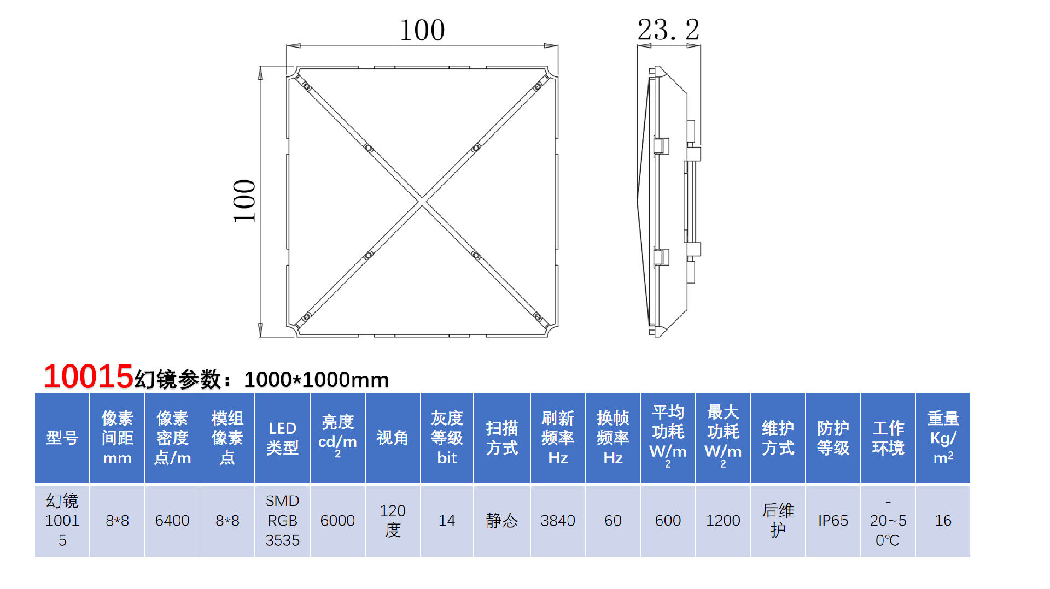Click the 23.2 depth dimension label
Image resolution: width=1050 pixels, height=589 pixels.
668,30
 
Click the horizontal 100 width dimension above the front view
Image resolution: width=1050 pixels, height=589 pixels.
422,30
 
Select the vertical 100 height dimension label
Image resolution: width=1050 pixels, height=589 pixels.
244,201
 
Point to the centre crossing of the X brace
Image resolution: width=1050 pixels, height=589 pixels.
422,201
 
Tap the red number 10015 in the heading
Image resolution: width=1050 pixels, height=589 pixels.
88,376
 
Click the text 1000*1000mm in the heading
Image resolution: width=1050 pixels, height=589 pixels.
316,380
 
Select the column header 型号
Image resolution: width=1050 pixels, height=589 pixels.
62,438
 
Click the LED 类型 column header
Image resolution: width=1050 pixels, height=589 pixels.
282,438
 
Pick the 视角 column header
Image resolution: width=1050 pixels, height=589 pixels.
392,438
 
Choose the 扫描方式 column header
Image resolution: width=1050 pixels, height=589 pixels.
501,438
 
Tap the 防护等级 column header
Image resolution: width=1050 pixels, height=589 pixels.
833,438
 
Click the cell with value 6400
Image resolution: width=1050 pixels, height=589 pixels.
172,521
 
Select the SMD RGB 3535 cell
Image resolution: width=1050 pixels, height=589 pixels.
282,521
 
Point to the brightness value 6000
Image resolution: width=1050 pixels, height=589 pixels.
337,521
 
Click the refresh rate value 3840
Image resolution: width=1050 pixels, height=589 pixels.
558,521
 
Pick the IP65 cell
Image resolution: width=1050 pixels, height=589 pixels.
833,521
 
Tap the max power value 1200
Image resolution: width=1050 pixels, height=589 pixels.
723,521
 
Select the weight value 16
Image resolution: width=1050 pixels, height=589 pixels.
943,521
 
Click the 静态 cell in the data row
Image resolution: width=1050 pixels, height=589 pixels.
501,521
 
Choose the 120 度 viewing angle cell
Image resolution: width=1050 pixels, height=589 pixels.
393,521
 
